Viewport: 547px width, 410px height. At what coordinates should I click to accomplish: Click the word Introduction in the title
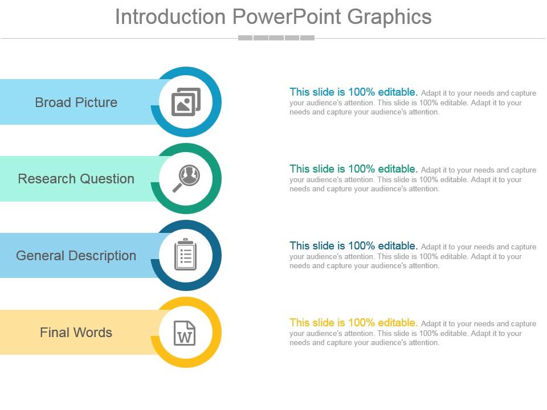click(x=170, y=17)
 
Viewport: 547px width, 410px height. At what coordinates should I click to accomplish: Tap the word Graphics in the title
click(x=389, y=17)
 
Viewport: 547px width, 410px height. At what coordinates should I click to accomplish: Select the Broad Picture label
click(x=76, y=102)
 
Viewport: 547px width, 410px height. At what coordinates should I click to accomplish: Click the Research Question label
click(x=76, y=179)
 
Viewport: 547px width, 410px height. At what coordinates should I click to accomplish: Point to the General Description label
click(x=76, y=256)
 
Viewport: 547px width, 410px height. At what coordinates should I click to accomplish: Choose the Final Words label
click(x=76, y=333)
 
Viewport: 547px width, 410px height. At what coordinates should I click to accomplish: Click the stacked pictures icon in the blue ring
click(x=186, y=102)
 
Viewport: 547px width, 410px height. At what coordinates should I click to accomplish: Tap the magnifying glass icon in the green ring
click(x=186, y=178)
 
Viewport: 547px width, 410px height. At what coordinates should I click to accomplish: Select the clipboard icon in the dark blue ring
click(x=185, y=255)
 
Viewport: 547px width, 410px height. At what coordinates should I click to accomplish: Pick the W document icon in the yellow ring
click(x=185, y=333)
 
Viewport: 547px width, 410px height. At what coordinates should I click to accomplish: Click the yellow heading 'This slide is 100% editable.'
click(x=353, y=322)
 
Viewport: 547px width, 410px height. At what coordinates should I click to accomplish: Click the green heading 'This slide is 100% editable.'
click(x=353, y=169)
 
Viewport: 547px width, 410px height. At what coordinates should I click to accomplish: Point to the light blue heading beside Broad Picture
click(x=353, y=92)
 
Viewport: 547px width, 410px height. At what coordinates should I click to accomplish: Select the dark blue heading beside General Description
click(x=353, y=245)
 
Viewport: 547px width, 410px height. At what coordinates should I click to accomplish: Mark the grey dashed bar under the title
click(x=276, y=38)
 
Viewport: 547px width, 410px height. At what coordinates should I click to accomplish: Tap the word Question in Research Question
click(x=107, y=179)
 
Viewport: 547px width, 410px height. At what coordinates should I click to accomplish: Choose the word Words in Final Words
click(x=95, y=333)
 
